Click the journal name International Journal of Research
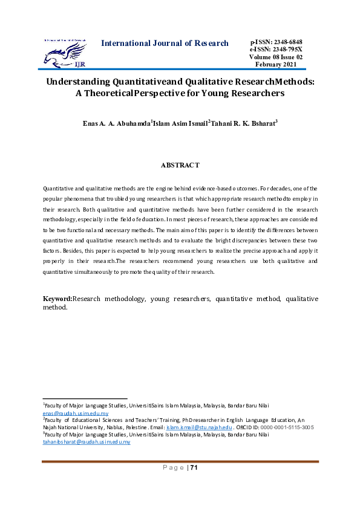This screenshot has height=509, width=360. [165, 43]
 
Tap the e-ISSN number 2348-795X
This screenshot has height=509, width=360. [288, 49]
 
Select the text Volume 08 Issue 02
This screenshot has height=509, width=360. [276, 57]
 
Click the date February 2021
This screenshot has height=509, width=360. [276, 64]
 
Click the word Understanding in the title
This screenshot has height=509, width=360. [78, 82]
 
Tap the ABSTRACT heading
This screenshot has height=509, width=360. [180, 165]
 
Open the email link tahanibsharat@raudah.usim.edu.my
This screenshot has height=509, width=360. [86, 442]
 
